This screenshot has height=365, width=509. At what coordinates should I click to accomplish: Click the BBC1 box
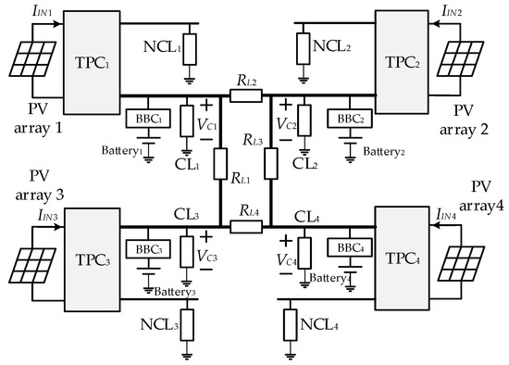click(x=143, y=119)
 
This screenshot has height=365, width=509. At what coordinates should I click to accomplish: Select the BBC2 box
click(x=351, y=119)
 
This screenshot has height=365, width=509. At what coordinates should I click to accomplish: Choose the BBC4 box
click(x=349, y=247)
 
